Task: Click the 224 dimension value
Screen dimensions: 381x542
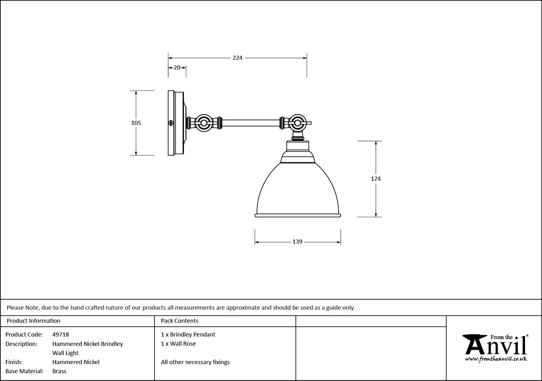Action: tap(237, 58)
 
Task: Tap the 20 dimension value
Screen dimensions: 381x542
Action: tap(177, 68)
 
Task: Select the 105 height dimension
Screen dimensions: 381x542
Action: tap(136, 123)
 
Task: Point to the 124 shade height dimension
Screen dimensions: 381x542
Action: tap(375, 178)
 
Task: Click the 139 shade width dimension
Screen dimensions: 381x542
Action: tap(297, 242)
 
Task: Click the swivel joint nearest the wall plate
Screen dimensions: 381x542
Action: tap(204, 123)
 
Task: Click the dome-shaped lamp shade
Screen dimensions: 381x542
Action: tap(298, 190)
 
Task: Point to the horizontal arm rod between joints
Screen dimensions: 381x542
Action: tap(250, 123)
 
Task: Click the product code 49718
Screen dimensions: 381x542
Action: tap(61, 335)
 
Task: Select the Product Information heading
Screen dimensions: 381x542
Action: tap(33, 321)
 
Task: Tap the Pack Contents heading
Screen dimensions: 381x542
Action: tap(179, 321)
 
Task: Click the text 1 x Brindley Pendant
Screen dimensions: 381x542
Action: tap(188, 335)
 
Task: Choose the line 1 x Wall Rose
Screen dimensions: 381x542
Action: tap(178, 344)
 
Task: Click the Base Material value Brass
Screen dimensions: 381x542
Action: tap(59, 371)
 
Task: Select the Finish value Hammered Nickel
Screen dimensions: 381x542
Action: tap(76, 362)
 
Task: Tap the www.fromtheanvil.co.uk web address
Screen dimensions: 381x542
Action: tap(496, 359)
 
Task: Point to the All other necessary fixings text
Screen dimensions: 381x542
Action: tap(195, 362)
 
